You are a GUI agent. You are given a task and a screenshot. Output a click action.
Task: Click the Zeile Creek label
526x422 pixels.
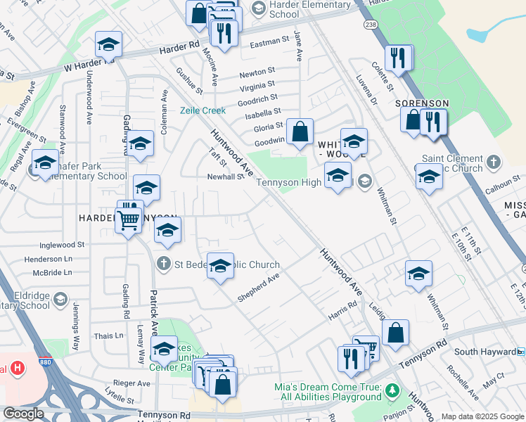203,110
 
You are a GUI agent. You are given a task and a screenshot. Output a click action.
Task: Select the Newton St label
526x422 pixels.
257,72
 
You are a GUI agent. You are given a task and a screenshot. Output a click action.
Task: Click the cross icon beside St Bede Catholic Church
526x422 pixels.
163,264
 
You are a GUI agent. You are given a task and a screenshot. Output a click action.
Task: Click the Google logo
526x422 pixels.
23,414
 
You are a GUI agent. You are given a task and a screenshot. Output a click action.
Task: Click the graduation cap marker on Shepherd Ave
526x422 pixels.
221,265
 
